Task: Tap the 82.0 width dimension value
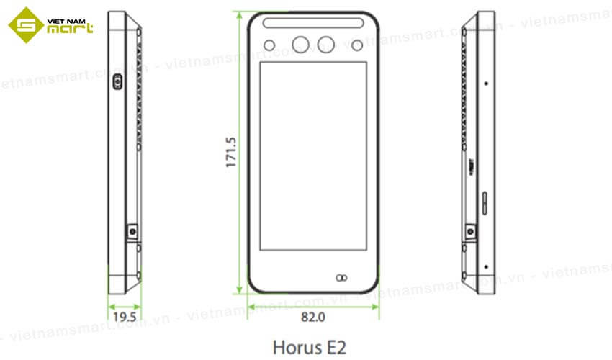click(313, 315)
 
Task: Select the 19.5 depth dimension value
click(125, 315)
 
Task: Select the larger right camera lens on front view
click(326, 45)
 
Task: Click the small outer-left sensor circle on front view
click(270, 45)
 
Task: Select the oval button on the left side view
click(117, 83)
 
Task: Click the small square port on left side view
click(132, 232)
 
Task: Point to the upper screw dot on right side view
click(486, 83)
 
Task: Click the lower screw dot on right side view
click(486, 266)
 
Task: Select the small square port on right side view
click(471, 232)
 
